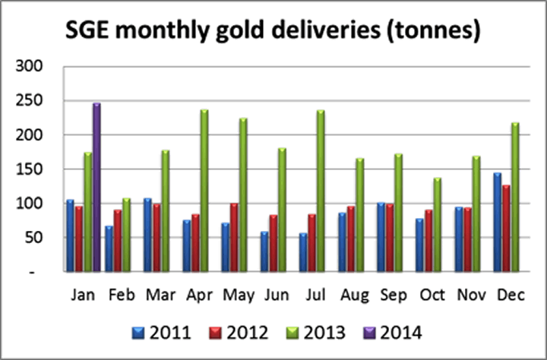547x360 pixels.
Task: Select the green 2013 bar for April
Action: pyautogui.click(x=204, y=191)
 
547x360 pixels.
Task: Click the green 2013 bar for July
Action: pyautogui.click(x=321, y=191)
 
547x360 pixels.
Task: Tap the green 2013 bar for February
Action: pyautogui.click(x=126, y=235)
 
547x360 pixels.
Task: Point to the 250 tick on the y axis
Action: pyautogui.click(x=31, y=101)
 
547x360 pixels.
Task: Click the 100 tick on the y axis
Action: pyautogui.click(x=31, y=204)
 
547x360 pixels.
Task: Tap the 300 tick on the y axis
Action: pyautogui.click(x=31, y=67)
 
